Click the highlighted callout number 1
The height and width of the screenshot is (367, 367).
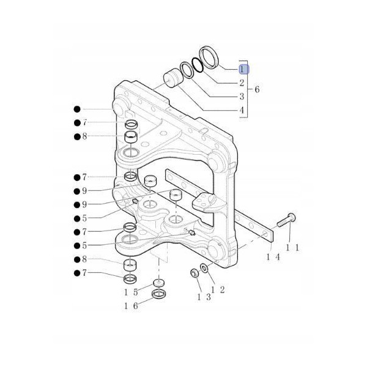pyautogui.click(x=242, y=70)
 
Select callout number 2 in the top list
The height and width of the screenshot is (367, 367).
pyautogui.click(x=242, y=83)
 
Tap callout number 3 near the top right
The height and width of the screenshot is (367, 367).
pyautogui.click(x=242, y=97)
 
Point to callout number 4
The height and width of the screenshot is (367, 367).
pyautogui.click(x=242, y=111)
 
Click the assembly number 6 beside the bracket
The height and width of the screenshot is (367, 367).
pyautogui.click(x=257, y=90)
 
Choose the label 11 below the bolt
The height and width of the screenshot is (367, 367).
pyautogui.click(x=292, y=248)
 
